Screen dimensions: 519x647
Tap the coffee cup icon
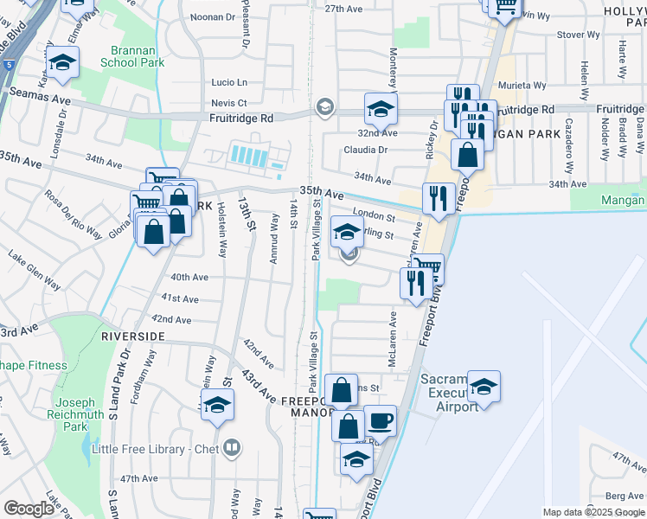[x=380, y=421]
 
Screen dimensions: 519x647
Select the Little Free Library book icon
[x=232, y=448]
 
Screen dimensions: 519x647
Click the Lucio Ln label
[x=229, y=82]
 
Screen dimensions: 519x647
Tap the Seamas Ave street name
[x=39, y=99]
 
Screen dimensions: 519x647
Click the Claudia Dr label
[x=364, y=150]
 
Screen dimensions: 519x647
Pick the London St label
[x=374, y=217]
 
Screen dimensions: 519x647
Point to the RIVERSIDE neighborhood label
[x=132, y=335]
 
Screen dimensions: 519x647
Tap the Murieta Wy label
[x=525, y=86]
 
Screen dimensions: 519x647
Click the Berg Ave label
[x=625, y=496]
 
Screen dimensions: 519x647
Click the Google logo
[x=29, y=509]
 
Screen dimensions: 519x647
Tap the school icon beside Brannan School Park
[x=63, y=62]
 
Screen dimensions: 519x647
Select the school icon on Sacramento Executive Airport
[x=484, y=386]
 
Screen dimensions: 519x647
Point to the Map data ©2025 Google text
[x=593, y=512]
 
